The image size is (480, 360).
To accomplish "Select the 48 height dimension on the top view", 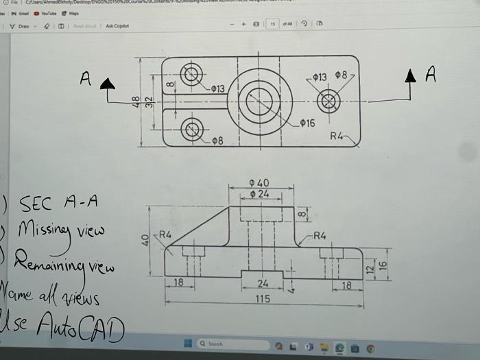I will pos(136,102).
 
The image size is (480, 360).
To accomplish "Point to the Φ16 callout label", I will pos(307,123).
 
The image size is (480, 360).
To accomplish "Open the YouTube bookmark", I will pos(49,13).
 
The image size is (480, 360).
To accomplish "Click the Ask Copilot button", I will pos(117,26).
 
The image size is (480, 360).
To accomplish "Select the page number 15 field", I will pos(273,24).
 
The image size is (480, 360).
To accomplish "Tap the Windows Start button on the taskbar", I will pos(186,343).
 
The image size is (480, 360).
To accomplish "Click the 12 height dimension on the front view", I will pos(370,268).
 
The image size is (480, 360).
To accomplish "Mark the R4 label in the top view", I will pos(337,136).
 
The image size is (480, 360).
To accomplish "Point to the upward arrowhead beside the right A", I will pos(410,75).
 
